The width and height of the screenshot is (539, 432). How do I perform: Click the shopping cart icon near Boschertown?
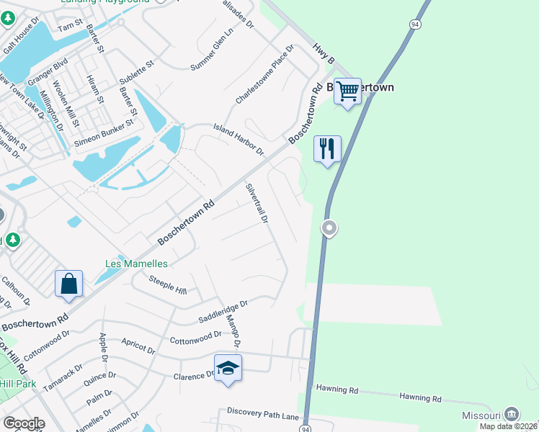347,91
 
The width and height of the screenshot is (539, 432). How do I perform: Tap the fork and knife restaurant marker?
327,149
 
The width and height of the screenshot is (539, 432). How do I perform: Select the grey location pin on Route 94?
329,228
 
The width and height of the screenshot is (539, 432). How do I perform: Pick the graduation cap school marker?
228,368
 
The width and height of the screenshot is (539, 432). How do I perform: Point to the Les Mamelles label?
136,264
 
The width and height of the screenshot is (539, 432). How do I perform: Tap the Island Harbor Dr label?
239,140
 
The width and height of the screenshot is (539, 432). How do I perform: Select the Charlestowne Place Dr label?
265,74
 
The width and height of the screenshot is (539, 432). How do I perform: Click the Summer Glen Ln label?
213,50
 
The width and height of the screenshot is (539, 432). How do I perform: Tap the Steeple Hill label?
167,285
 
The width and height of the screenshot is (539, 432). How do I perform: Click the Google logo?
23,423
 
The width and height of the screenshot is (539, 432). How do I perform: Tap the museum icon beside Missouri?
511,414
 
